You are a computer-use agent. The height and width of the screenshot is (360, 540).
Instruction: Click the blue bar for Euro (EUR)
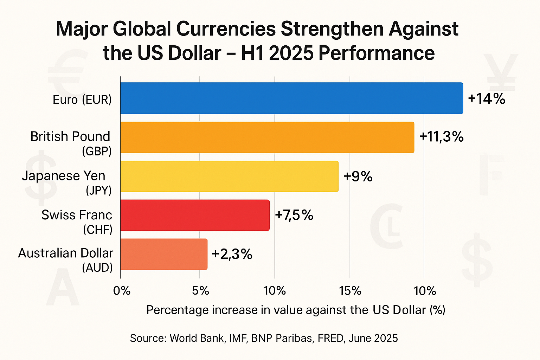pos(291,98)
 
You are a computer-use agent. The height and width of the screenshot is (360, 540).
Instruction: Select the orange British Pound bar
pos(267,137)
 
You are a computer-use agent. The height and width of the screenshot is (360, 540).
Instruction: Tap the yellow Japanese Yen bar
pos(229,176)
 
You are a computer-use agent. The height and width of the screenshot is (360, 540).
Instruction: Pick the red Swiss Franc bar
pos(195,215)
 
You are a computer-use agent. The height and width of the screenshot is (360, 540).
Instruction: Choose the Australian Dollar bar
pos(164,254)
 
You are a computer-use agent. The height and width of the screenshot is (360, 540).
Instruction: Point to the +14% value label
pos(487,99)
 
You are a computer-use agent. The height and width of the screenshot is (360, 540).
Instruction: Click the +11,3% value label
pos(441,137)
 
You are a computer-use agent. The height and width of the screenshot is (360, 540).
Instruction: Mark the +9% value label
pos(358,176)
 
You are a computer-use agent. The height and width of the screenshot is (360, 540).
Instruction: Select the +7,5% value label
pos(294,215)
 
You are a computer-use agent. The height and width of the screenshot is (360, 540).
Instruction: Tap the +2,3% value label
pos(232,254)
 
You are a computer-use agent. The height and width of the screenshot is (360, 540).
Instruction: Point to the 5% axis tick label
pos(201,291)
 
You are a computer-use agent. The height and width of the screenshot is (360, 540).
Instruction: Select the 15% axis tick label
pos(350,291)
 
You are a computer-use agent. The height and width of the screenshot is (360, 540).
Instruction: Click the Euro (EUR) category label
pos(82,100)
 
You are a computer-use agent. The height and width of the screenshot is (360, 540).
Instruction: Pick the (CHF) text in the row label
pos(98,230)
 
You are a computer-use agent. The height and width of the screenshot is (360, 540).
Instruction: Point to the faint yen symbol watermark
pos(500,72)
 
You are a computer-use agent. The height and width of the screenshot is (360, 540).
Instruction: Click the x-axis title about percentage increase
pos(296,310)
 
